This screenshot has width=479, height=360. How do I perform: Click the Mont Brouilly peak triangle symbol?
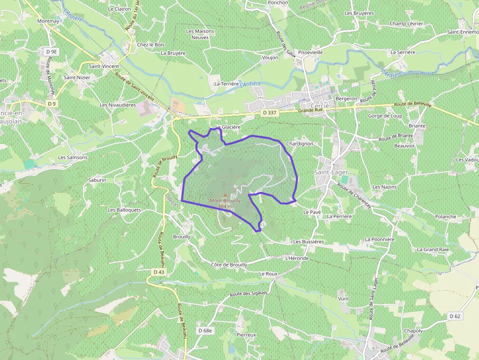pyautogui.click(x=225, y=195)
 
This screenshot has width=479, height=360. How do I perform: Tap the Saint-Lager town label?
pyautogui.click(x=331, y=172)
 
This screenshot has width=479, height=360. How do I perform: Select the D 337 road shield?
pyautogui.click(x=269, y=113)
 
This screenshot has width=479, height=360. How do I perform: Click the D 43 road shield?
pyautogui.click(x=159, y=272)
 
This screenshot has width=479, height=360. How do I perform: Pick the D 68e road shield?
pyautogui.click(x=206, y=331)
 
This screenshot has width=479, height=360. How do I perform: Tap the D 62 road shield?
pyautogui.click(x=455, y=317)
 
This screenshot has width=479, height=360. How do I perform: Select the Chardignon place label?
pyautogui.click(x=299, y=144)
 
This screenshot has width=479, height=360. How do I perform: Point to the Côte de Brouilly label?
pyautogui.click(x=229, y=265)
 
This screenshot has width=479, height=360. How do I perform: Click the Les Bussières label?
pyautogui.click(x=308, y=242)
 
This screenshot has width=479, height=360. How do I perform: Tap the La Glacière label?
pyautogui.click(x=228, y=127)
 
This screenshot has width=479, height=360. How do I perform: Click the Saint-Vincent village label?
pyautogui.click(x=104, y=66)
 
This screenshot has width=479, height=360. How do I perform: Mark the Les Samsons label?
pyautogui.click(x=73, y=157)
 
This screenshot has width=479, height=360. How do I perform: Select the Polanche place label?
pyautogui.click(x=445, y=216)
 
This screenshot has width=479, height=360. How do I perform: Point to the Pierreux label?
pyautogui.click(x=246, y=335)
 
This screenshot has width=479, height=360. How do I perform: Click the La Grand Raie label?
pyautogui.click(x=433, y=250)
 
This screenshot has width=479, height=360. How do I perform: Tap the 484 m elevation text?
pyautogui.click(x=225, y=207)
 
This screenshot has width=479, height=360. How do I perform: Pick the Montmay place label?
pyautogui.click(x=48, y=21)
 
